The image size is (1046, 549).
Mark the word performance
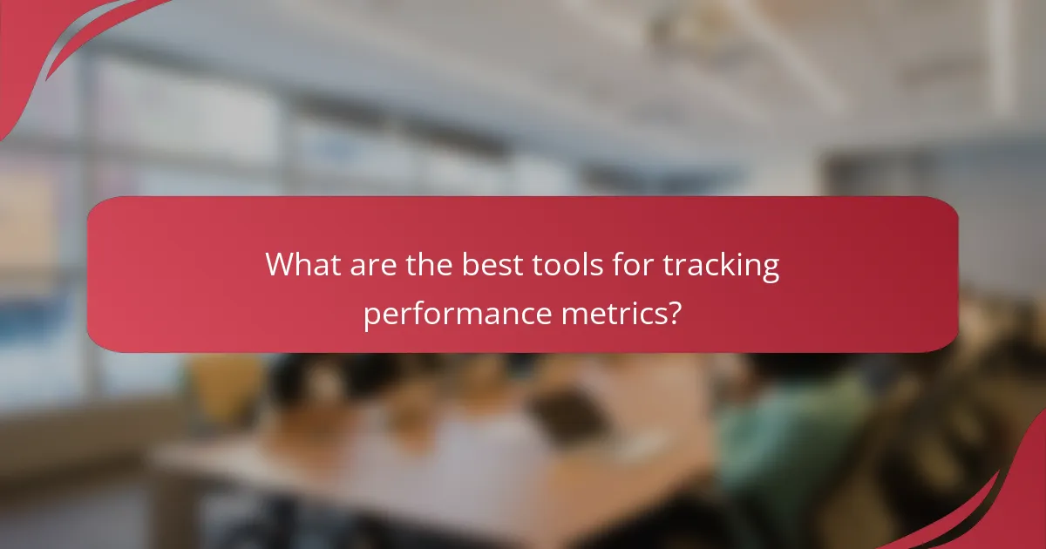(454, 314)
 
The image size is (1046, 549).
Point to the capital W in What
(281, 264)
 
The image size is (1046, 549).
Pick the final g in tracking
(771, 268)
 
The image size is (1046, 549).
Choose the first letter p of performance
(371, 315)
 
